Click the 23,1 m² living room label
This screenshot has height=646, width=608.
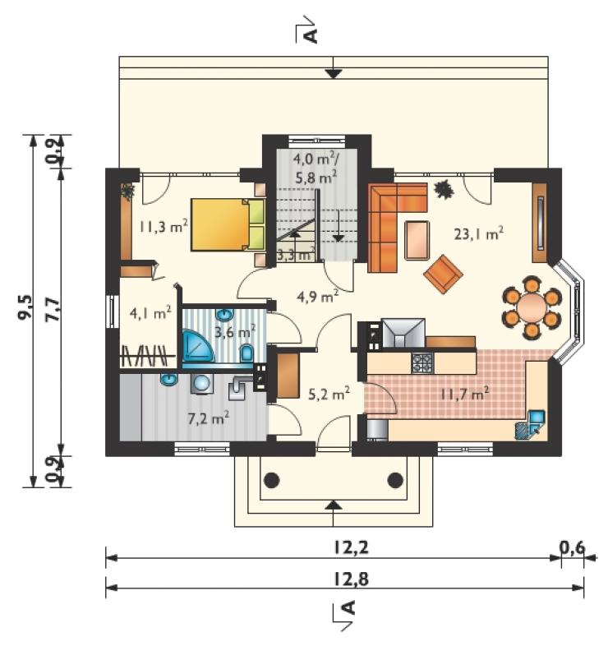478,233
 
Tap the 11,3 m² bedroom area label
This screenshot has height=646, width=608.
164,226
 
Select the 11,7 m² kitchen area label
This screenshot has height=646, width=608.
465,394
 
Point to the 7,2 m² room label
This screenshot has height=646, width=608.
208,419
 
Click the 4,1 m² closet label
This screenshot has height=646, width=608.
150,313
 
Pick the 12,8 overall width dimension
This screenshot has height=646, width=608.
351,579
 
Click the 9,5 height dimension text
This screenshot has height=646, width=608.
25,307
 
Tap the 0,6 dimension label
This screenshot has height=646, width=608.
572,548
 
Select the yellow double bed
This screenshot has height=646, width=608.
228,224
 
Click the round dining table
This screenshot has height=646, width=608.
532,307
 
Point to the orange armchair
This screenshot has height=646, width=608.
443,274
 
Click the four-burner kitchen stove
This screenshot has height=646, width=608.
422,363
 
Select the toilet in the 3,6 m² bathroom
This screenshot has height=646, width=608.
246,353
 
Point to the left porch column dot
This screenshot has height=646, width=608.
271,480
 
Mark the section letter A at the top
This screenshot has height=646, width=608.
312,35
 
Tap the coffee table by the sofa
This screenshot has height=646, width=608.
417,241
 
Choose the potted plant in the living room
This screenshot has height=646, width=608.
444,189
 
